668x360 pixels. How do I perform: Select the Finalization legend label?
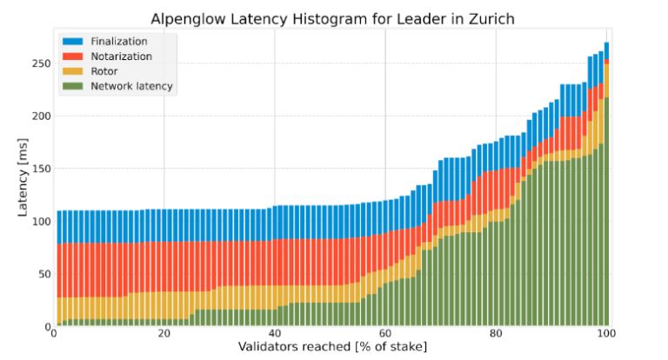tap(118, 41)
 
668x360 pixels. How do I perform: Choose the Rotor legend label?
tap(104, 71)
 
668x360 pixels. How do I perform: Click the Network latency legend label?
tap(131, 86)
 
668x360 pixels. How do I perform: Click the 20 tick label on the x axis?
tap(164, 335)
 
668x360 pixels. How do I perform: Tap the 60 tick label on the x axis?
tap(385, 335)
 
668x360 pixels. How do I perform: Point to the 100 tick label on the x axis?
tap(606, 335)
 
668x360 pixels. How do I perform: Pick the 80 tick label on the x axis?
tap(496, 335)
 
